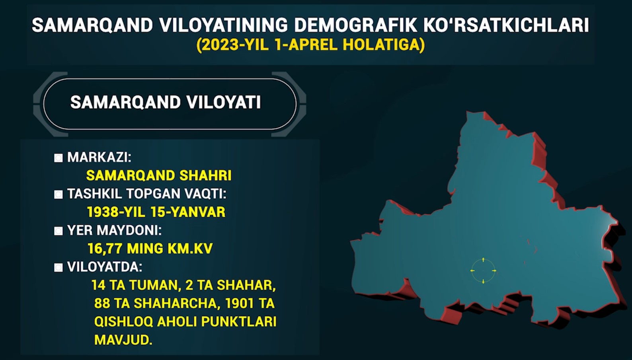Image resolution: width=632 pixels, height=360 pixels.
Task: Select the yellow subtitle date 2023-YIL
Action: (x=232, y=45)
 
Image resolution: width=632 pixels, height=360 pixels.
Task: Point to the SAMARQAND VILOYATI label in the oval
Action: (x=166, y=102)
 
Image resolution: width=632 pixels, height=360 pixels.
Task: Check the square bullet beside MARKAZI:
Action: (x=59, y=158)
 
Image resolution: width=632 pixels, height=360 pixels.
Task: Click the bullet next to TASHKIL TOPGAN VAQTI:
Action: (x=59, y=195)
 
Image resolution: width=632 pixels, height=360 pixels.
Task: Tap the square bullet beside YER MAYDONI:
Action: (x=59, y=231)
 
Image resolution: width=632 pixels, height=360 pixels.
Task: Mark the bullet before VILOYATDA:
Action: (x=59, y=268)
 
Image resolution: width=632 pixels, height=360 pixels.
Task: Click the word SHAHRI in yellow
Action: (x=205, y=175)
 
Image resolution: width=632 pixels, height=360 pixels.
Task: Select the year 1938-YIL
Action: (x=116, y=212)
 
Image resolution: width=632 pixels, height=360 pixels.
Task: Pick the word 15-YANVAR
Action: (x=188, y=212)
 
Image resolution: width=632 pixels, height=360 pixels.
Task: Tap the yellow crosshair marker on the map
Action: (x=483, y=270)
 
